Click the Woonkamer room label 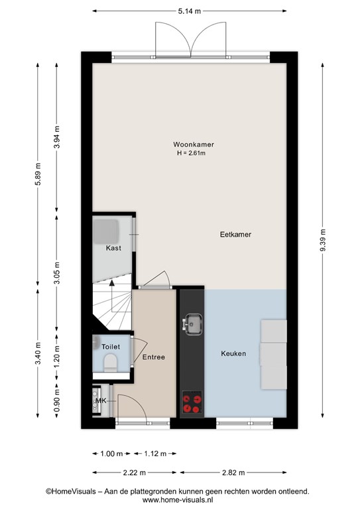pyautogui.click(x=194, y=144)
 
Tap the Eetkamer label pyautogui.click(x=235, y=235)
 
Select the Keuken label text pyautogui.click(x=233, y=353)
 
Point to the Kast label pyautogui.click(x=113, y=248)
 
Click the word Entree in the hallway pyautogui.click(x=154, y=357)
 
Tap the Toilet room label pyautogui.click(x=111, y=347)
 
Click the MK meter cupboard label pyautogui.click(x=101, y=401)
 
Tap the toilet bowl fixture pyautogui.click(x=110, y=363)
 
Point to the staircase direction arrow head pyautogui.click(x=112, y=283)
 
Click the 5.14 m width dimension pyautogui.click(x=190, y=11)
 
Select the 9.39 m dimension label pyautogui.click(x=323, y=240)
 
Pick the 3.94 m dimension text pyautogui.click(x=57, y=137)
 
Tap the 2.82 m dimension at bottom pyautogui.click(x=233, y=473)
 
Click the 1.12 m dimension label pyautogui.click(x=155, y=453)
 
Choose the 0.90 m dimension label pyautogui.click(x=57, y=400)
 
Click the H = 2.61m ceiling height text pyautogui.click(x=191, y=153)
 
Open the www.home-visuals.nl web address pyautogui.click(x=178, y=500)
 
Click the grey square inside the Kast pyautogui.click(x=106, y=231)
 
